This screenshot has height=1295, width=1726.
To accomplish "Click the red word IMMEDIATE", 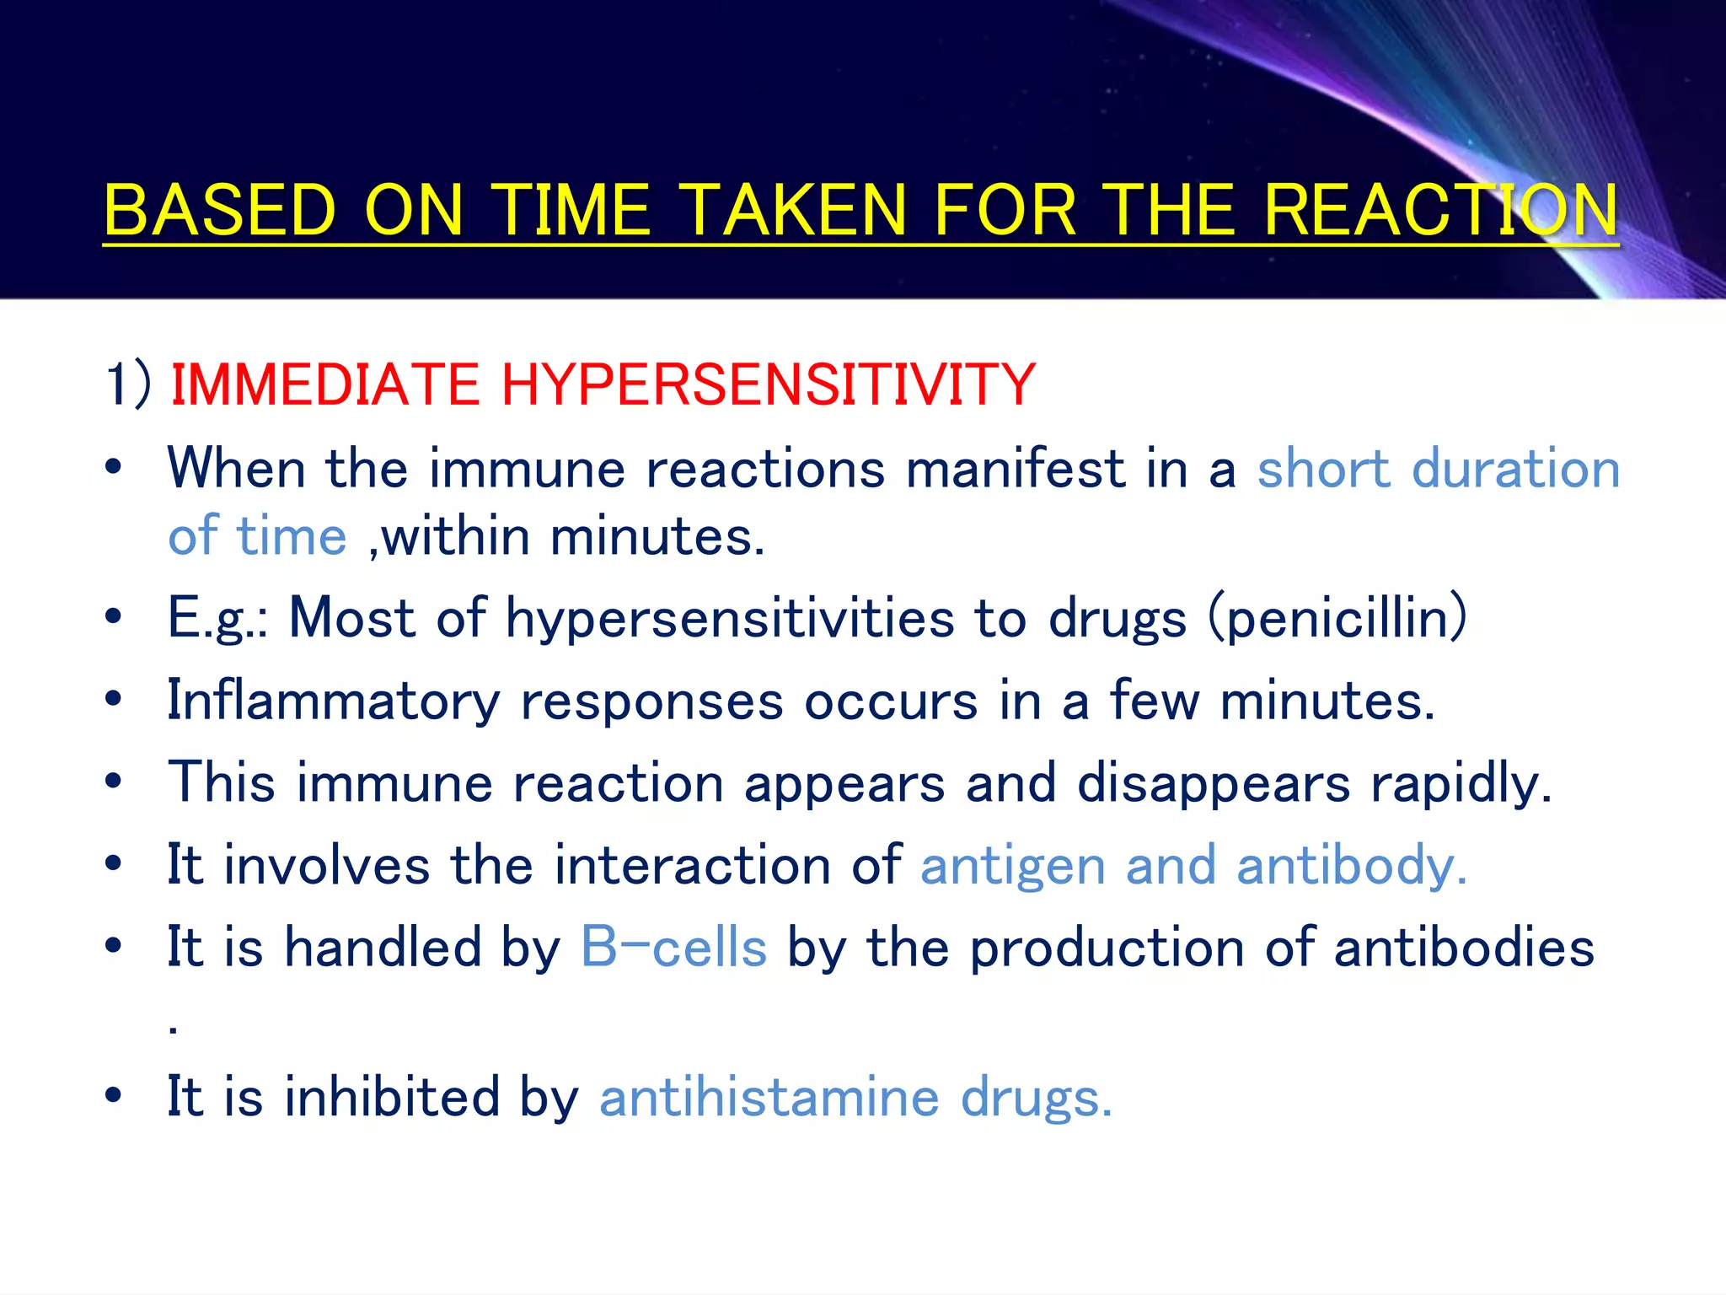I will (x=324, y=384).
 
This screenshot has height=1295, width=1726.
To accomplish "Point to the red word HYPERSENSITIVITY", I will (x=768, y=384).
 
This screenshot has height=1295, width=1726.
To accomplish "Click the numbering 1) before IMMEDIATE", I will (x=128, y=384).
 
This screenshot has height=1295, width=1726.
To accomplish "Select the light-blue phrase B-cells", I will (x=673, y=947).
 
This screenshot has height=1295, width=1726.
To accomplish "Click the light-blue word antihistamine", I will (x=769, y=1097).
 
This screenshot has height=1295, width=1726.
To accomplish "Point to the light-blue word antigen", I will (x=1012, y=866).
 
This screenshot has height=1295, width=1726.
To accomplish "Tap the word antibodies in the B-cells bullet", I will (x=1464, y=947).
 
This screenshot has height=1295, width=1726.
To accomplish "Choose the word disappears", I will (x=1214, y=783).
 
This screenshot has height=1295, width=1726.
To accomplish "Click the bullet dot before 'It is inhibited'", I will (x=114, y=1096).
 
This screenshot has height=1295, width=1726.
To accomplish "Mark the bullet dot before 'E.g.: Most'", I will (x=114, y=617).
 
